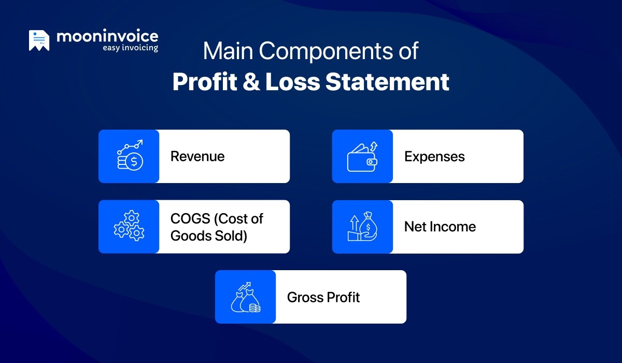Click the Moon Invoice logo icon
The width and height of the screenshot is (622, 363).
tap(39, 40)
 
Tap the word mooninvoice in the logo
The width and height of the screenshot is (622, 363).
tap(107, 36)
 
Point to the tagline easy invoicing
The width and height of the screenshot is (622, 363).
tap(130, 48)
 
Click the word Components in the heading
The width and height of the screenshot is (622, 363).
tap(326, 52)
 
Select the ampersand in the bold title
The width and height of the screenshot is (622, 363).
tap(251, 81)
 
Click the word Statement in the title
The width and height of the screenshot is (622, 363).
tap(387, 81)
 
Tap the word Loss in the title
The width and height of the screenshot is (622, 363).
tap(293, 81)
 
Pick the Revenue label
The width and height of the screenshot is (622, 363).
tap(197, 156)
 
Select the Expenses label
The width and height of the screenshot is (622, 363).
tap(434, 157)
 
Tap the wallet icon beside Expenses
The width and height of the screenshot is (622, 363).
tap(362, 157)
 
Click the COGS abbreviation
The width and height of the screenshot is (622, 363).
tap(190, 218)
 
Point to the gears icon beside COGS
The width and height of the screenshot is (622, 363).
tap(129, 226)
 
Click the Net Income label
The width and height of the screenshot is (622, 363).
tap(440, 227)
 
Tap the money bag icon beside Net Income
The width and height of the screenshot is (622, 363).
tap(363, 226)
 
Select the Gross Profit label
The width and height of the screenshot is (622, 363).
tap(323, 297)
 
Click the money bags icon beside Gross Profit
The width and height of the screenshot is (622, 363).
tap(246, 297)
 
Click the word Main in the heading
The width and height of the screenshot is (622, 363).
tap(228, 51)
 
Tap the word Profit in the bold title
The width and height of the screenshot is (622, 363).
tap(205, 81)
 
